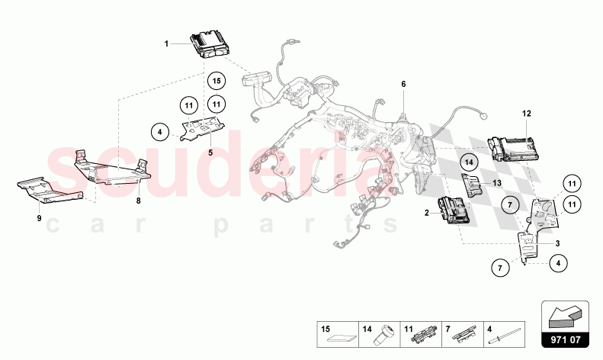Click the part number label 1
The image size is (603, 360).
coord(166,43)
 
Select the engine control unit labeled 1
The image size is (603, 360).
coord(210,44)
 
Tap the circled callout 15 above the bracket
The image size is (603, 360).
coord(217,81)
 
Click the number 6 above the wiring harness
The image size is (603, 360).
coord(403,84)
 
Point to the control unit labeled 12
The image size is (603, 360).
coord(513,148)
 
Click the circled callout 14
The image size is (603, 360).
coord(469,162)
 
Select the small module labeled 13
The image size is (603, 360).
coord(471,185)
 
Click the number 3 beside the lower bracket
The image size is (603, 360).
coord(557,243)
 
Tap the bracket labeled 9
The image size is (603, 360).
coord(50,191)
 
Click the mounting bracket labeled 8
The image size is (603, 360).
coord(112,169)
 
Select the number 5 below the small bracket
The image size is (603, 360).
coord(210,153)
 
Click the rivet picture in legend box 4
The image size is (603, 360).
coord(504,336)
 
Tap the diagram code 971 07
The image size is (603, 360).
coord(566,340)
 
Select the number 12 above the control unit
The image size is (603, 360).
coord(527,114)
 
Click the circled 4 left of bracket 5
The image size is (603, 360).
coord(160,132)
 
